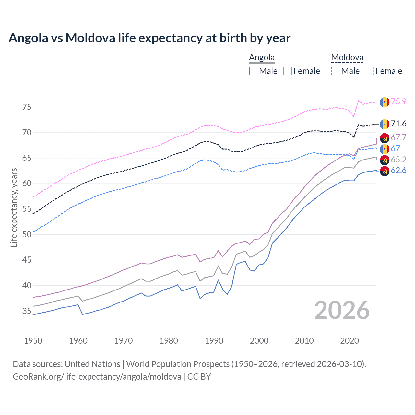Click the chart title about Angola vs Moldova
(x=149, y=38)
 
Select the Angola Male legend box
(x=253, y=71)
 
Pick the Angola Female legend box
(x=288, y=71)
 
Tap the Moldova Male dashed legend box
(x=335, y=71)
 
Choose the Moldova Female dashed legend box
(x=370, y=71)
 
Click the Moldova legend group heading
(x=347, y=58)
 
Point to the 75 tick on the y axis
(x=27, y=107)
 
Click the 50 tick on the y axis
(x=27, y=234)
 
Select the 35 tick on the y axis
(x=27, y=311)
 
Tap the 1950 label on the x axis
(x=33, y=341)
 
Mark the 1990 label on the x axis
(x=214, y=341)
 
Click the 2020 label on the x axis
(x=350, y=341)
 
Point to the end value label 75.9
(x=398, y=101)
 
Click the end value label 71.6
(x=398, y=124)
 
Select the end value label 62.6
(x=398, y=171)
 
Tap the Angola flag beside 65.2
(x=385, y=160)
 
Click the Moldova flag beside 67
(x=385, y=149)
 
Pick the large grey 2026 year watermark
(x=342, y=311)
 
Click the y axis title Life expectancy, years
(x=14, y=207)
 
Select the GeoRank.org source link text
(x=97, y=377)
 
